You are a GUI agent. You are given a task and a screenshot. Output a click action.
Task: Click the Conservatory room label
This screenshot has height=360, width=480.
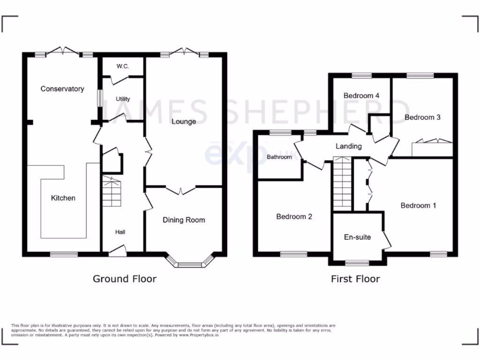pos(62,89)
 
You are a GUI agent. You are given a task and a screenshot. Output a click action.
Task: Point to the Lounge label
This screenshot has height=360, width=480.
pos(184,121)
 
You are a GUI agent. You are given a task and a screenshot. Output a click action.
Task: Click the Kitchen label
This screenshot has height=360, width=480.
pos(63,198)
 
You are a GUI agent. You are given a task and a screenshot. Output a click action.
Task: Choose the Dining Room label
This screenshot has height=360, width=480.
pos(184,219)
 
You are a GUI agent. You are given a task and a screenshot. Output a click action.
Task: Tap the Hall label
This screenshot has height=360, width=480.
pos(120,232)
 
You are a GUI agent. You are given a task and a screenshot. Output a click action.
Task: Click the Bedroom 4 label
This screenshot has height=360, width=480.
pos(361,96)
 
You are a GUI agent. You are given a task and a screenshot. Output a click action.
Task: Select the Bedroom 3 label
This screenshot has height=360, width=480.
pos(422,117)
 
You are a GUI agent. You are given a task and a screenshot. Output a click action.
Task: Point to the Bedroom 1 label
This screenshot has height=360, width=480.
pos(418,205)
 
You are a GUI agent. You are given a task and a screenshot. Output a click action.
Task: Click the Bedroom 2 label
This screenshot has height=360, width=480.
pos(294,217)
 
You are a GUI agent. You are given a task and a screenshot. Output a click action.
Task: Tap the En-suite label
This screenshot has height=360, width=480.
pos(358,237)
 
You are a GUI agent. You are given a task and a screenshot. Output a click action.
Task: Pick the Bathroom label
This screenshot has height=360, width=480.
pos(279,157)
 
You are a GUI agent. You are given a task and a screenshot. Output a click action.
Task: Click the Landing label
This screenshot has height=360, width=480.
pos(349,146)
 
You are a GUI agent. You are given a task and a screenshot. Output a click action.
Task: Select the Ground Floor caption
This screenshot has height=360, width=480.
pos(124,279)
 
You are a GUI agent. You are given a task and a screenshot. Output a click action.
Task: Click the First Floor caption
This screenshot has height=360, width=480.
pos(355,279)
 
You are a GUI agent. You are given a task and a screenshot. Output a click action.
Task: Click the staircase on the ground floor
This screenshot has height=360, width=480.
pos(112,192)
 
